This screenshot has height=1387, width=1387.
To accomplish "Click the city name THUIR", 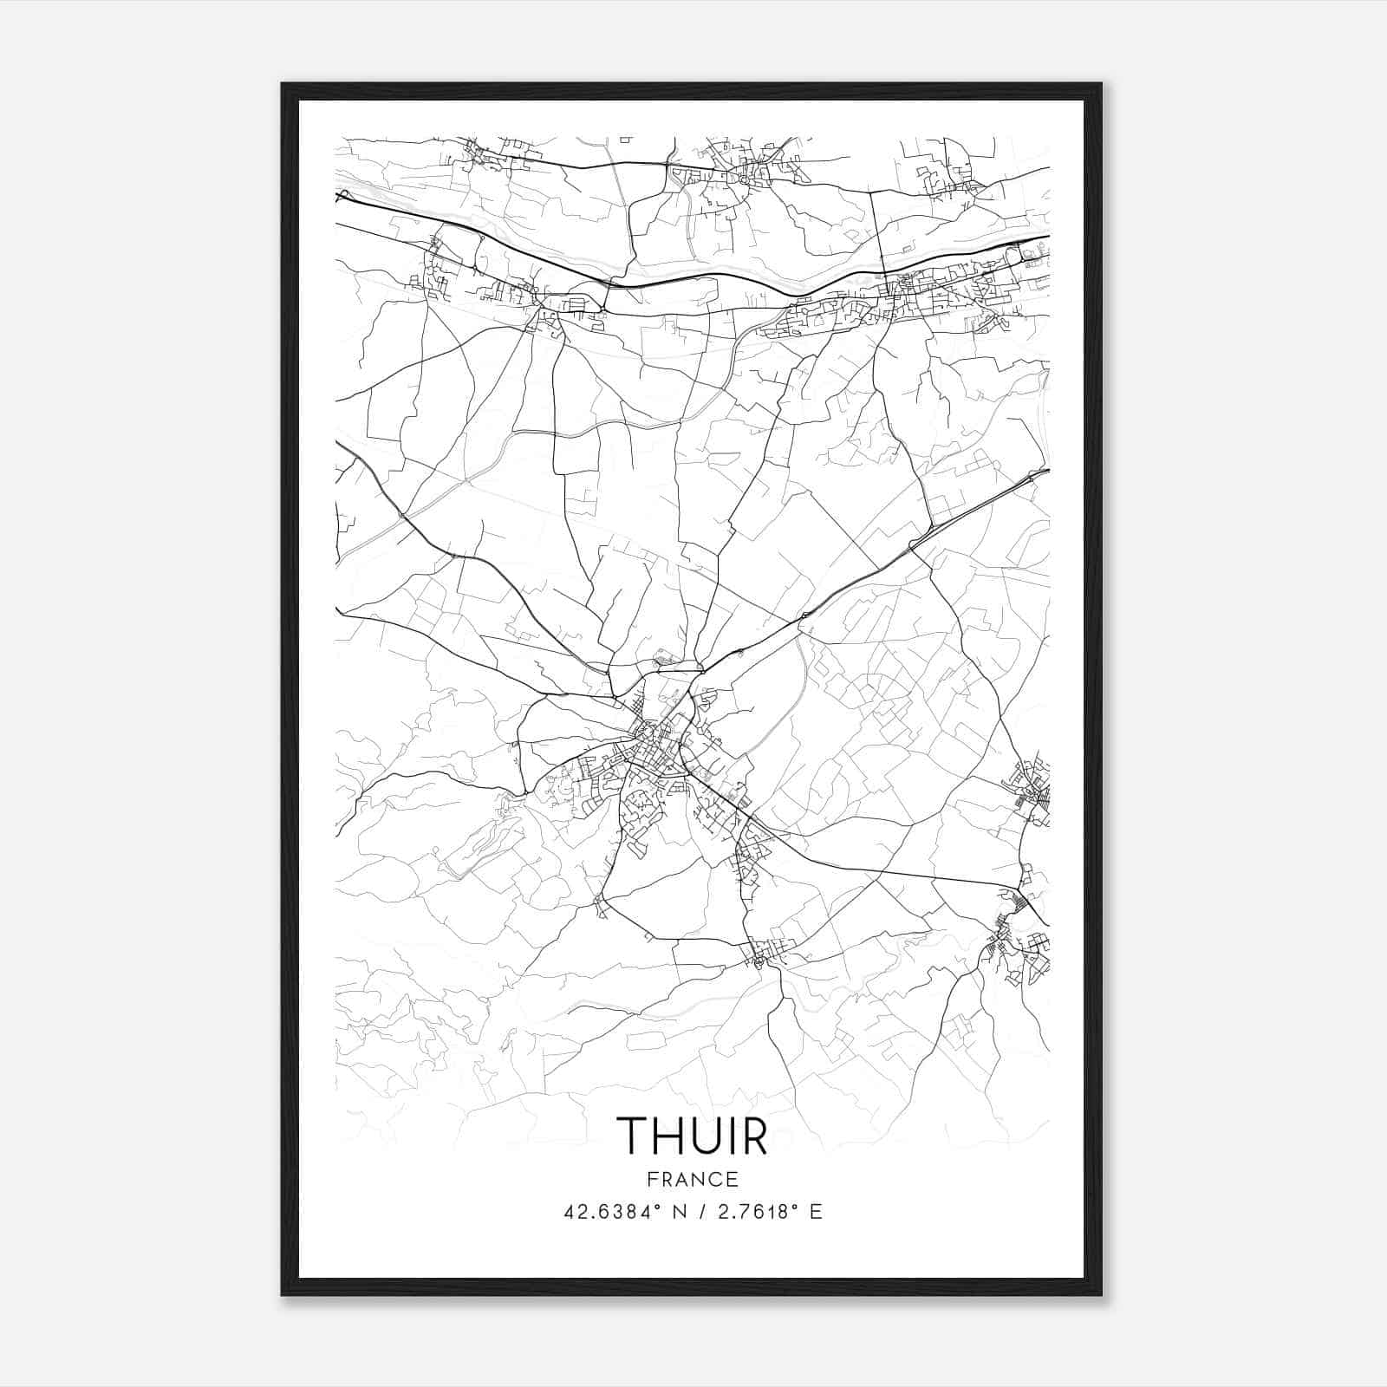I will (x=692, y=1135).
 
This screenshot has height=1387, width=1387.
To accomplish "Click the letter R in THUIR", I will (x=756, y=1135).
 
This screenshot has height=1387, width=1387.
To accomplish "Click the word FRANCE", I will (x=693, y=1179).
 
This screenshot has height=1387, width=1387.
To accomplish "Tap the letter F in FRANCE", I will (x=652, y=1179).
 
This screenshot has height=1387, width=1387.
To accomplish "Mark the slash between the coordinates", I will (x=698, y=1212).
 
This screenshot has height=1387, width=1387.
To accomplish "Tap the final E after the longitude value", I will (x=815, y=1212).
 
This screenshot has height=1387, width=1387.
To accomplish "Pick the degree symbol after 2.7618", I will (x=796, y=1206).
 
